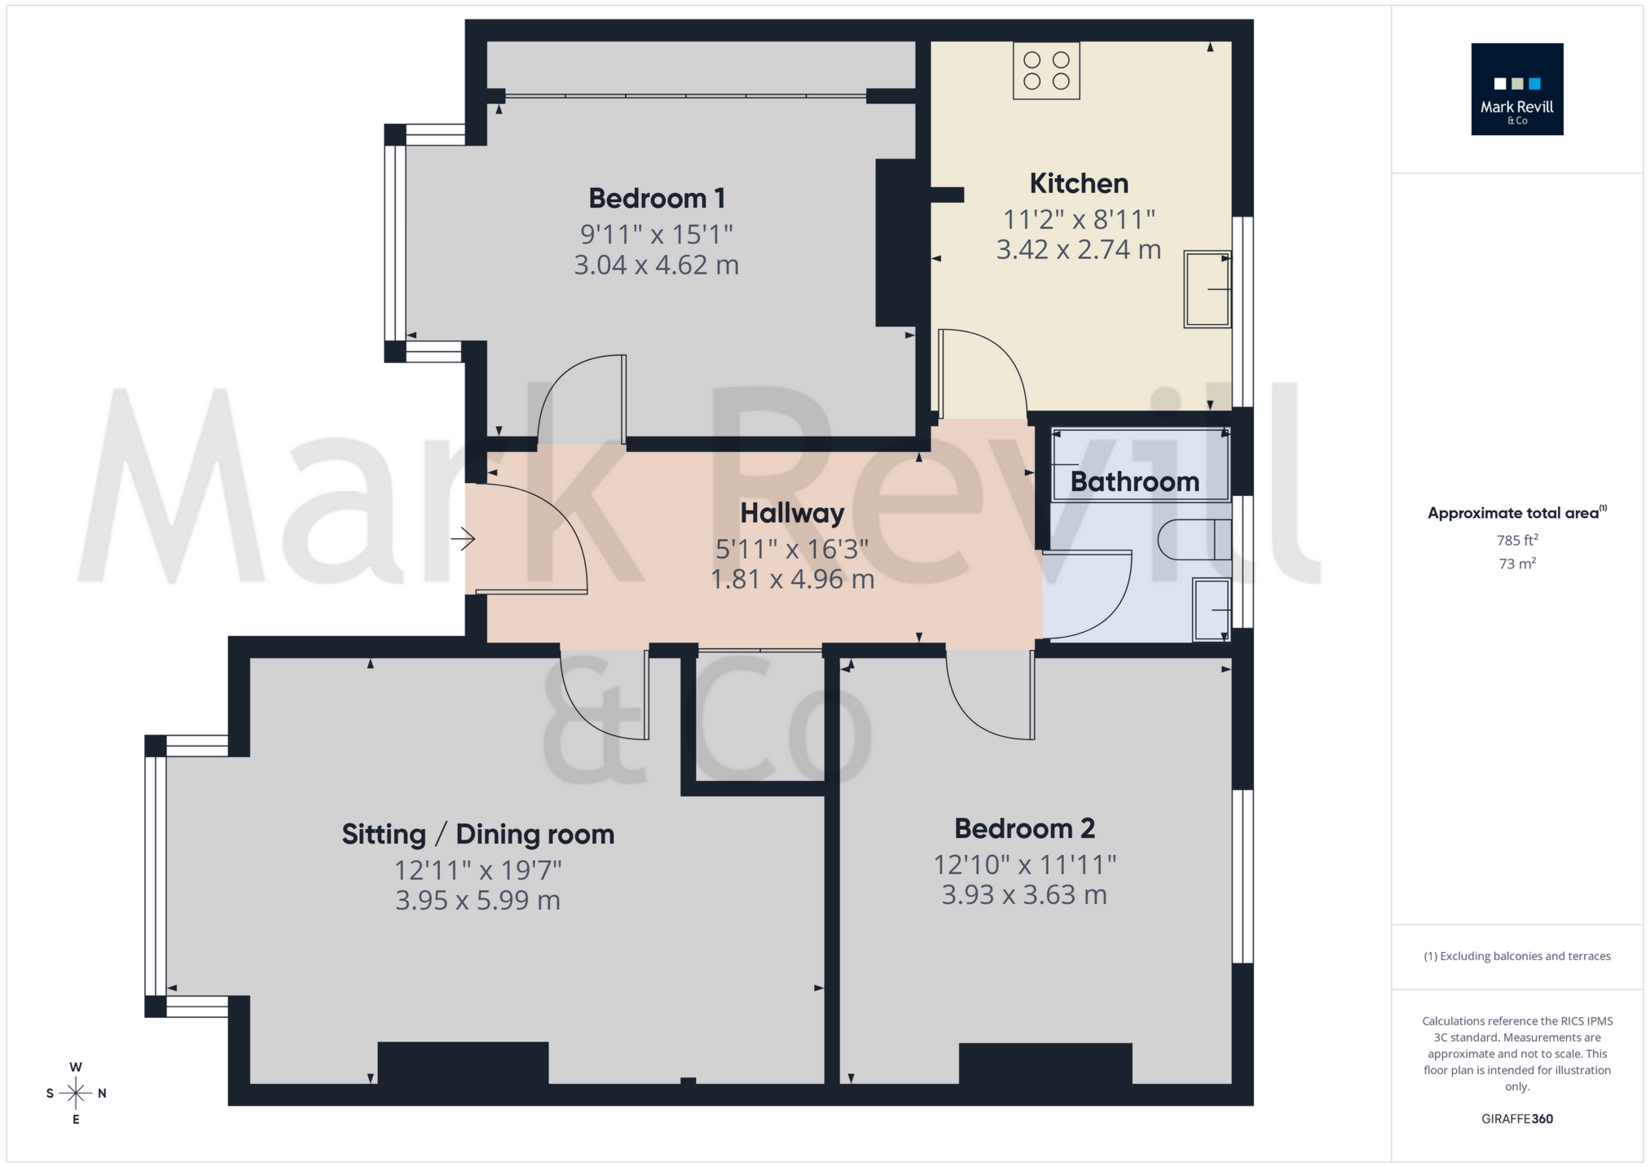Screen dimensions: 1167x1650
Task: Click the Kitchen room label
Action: pos(1079,183)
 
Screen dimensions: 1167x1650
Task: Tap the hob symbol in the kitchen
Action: pos(1046,70)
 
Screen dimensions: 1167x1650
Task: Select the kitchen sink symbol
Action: pos(1207,289)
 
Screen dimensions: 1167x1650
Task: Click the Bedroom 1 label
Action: pos(657,198)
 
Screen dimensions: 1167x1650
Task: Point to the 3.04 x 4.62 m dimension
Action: pos(657,265)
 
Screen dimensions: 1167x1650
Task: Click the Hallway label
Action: pos(792,513)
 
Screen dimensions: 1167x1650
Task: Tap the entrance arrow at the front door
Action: pos(464,538)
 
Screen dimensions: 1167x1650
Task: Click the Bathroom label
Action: pos(1134,481)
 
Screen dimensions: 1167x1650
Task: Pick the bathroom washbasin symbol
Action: pos(1212,609)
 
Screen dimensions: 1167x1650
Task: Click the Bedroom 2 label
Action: pos(1024,828)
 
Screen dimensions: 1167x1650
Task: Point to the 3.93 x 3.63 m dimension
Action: pos(1024,895)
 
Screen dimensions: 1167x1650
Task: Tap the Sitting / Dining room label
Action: pos(477,834)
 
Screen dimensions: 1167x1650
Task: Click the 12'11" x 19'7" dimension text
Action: pos(478,870)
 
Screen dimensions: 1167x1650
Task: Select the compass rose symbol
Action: pos(76,1093)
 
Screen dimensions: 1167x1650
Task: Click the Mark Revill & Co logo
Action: pos(1516,89)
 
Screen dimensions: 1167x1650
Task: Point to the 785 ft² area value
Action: pos(1516,540)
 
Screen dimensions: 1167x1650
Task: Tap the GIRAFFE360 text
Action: pos(1516,1119)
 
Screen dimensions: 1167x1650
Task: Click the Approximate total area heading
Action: pos(1516,513)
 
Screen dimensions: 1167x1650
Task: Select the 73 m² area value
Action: pos(1516,564)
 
